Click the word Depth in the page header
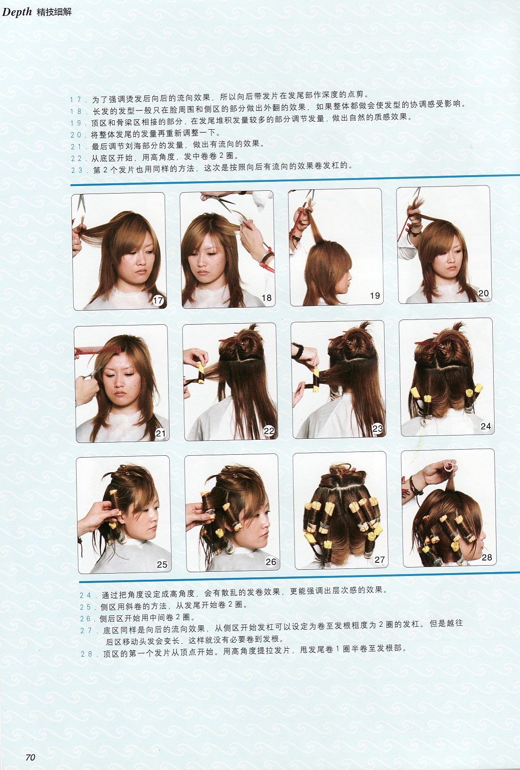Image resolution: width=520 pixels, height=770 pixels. click(16, 12)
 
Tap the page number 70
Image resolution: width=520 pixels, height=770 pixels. click(30, 757)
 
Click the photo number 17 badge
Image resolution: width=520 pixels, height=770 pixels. click(158, 301)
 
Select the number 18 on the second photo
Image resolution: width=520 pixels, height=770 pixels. click(266, 298)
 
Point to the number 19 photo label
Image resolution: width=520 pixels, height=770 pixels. click(375, 296)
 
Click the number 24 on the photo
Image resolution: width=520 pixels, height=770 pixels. click(486, 426)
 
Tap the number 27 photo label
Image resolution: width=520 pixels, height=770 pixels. click(380, 560)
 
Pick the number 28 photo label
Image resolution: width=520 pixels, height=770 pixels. click(487, 557)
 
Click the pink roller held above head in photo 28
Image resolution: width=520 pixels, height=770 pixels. click(449, 467)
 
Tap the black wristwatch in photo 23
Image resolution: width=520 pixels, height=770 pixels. click(298, 351)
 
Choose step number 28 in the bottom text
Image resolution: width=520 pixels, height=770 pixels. click(86, 654)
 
